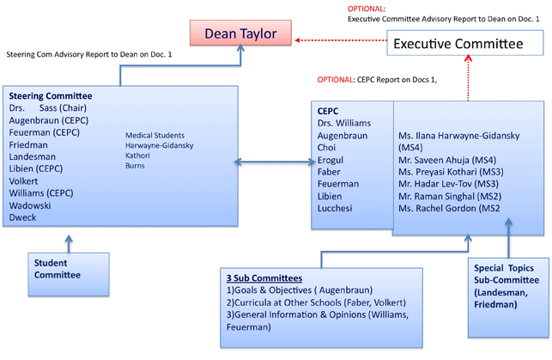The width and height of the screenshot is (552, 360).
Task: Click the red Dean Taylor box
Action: click(x=240, y=34)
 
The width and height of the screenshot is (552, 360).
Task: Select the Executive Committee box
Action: click(x=465, y=43)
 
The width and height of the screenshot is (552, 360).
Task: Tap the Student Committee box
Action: click(x=69, y=274)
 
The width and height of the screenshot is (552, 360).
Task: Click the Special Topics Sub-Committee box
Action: click(x=508, y=297)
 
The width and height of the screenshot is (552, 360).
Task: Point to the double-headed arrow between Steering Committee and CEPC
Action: click(x=275, y=162)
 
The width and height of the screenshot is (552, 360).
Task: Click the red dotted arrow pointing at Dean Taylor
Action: click(x=341, y=40)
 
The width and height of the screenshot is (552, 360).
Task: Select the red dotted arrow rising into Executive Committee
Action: click(x=468, y=78)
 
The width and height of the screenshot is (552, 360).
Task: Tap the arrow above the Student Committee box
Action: click(x=69, y=244)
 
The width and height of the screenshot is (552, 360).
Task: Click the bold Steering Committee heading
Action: click(x=51, y=96)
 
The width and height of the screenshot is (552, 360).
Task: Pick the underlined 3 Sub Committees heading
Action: click(x=264, y=278)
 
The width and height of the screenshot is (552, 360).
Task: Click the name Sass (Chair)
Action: click(x=63, y=108)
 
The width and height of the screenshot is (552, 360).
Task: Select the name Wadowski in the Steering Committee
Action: click(x=30, y=205)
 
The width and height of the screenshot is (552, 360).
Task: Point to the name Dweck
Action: click(x=22, y=217)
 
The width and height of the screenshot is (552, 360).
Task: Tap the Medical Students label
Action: click(x=155, y=135)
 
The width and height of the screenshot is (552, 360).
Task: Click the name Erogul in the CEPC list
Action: click(x=331, y=161)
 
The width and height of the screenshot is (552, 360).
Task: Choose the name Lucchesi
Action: click(x=335, y=208)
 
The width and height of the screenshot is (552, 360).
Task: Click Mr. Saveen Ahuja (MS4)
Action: click(x=447, y=161)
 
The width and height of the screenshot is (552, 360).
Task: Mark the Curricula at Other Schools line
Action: click(x=316, y=302)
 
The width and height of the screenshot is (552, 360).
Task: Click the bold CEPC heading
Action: click(x=328, y=111)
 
